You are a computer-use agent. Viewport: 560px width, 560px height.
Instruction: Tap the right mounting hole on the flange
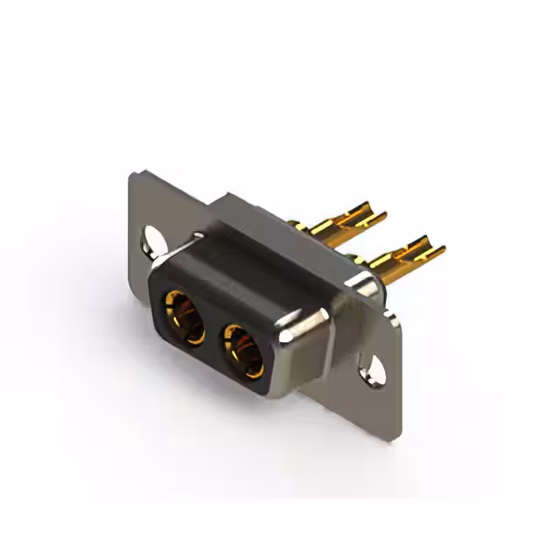point(375,367)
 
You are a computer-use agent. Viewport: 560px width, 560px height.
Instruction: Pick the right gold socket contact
point(242,348)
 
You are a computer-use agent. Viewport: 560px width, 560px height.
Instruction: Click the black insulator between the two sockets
point(213,332)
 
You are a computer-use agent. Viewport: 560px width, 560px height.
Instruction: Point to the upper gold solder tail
point(350,219)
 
